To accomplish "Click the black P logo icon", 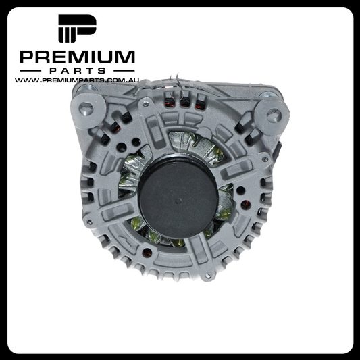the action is coord(78,28).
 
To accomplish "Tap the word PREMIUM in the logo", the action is coord(78,57).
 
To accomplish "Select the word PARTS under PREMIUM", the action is coord(78,70).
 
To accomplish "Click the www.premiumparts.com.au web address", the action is coord(77,80).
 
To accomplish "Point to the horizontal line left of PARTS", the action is coord(30,71).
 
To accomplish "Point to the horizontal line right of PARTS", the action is coord(124,71).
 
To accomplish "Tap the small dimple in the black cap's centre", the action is coord(178,201).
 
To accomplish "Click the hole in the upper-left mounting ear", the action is coord(86,109).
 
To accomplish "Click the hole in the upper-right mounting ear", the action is coord(274,115).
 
